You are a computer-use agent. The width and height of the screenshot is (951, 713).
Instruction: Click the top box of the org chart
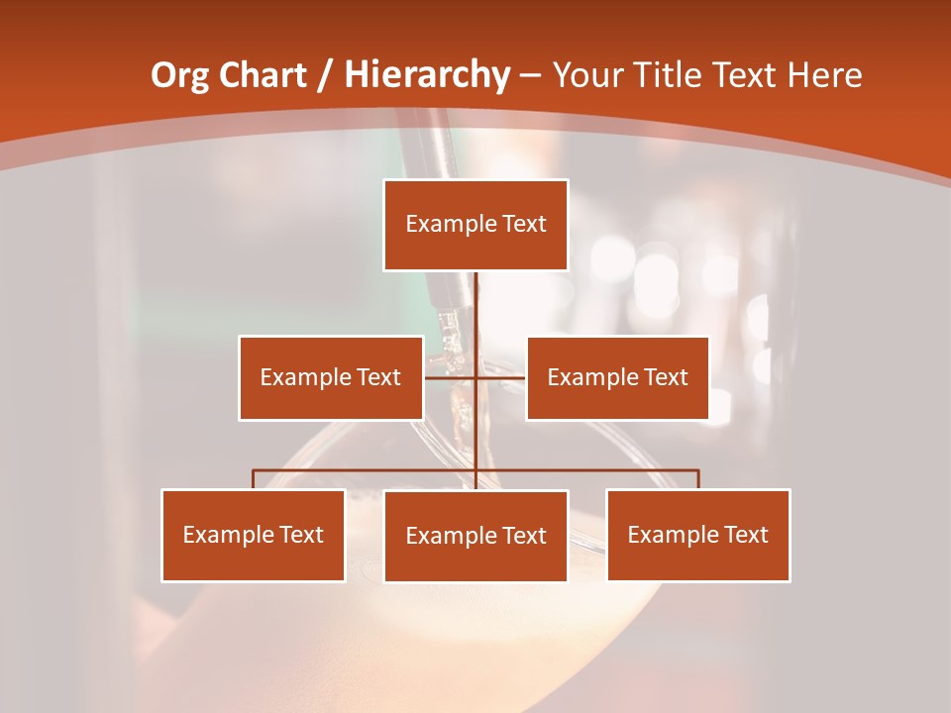pos(475,225)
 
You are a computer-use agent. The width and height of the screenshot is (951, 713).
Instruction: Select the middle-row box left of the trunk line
pos(331,377)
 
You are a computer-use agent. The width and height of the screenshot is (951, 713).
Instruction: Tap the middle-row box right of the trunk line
pos(617,377)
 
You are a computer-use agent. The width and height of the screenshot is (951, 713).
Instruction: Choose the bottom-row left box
pos(254,535)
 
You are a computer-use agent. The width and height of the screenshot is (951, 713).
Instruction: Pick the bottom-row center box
pos(475,536)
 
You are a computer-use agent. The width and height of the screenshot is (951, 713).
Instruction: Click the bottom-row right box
pos(698,535)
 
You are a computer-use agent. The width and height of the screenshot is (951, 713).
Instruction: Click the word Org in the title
pos(178,75)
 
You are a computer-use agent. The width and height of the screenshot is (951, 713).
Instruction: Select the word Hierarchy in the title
pos(427,75)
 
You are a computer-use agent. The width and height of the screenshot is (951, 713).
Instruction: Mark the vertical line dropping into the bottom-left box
pos(254,479)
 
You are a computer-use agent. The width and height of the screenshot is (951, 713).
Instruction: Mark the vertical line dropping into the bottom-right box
pos(698,479)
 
